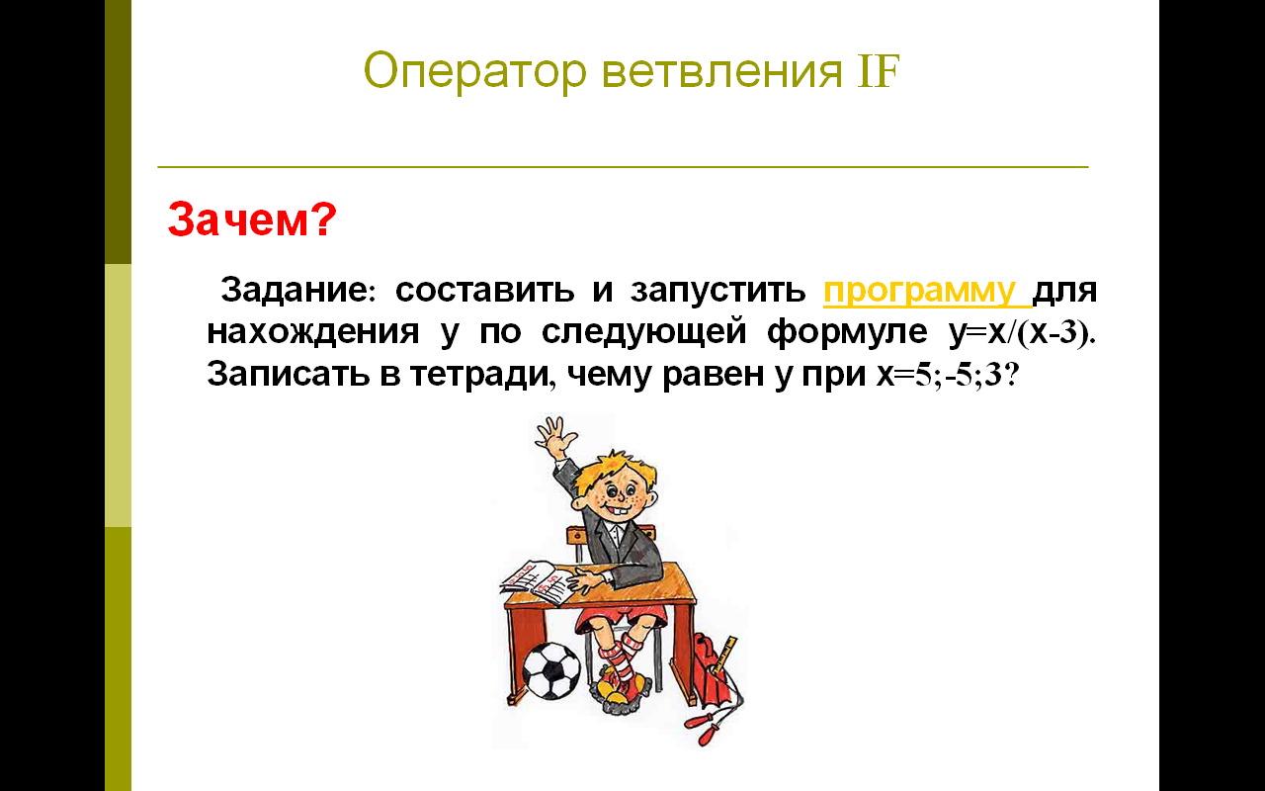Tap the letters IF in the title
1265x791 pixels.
point(879,71)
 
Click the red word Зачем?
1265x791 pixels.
point(252,220)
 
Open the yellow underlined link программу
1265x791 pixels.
point(926,291)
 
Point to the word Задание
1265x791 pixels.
point(295,290)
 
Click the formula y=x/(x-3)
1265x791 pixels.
point(1022,332)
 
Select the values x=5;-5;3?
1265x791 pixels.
point(948,374)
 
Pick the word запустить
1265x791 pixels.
point(717,291)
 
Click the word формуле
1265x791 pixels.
point(847,332)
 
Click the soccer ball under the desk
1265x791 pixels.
point(551,670)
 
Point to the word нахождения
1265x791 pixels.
point(313,332)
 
